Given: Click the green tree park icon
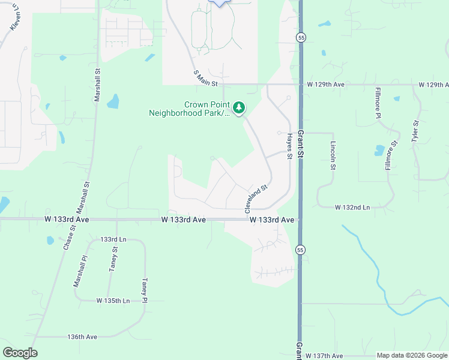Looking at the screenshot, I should click(x=240, y=107).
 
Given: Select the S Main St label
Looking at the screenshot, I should click(x=204, y=77).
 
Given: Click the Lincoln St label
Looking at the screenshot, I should click(x=333, y=155).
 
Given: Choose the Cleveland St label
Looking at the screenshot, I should click(x=255, y=199).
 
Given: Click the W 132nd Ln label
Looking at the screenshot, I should click(x=352, y=207).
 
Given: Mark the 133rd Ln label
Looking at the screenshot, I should click(x=113, y=239).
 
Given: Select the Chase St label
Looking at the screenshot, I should click(x=68, y=237).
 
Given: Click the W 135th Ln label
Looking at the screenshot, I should click(x=113, y=300).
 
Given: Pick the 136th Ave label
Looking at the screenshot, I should click(x=82, y=337).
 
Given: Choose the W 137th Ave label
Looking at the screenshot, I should click(x=324, y=356).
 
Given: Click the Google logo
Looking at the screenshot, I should click(x=20, y=353).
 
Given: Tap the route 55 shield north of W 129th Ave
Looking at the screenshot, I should click(x=300, y=37).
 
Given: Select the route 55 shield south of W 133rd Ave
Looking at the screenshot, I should click(x=300, y=249).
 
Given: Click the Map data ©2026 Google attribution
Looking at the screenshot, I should click(x=411, y=356).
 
